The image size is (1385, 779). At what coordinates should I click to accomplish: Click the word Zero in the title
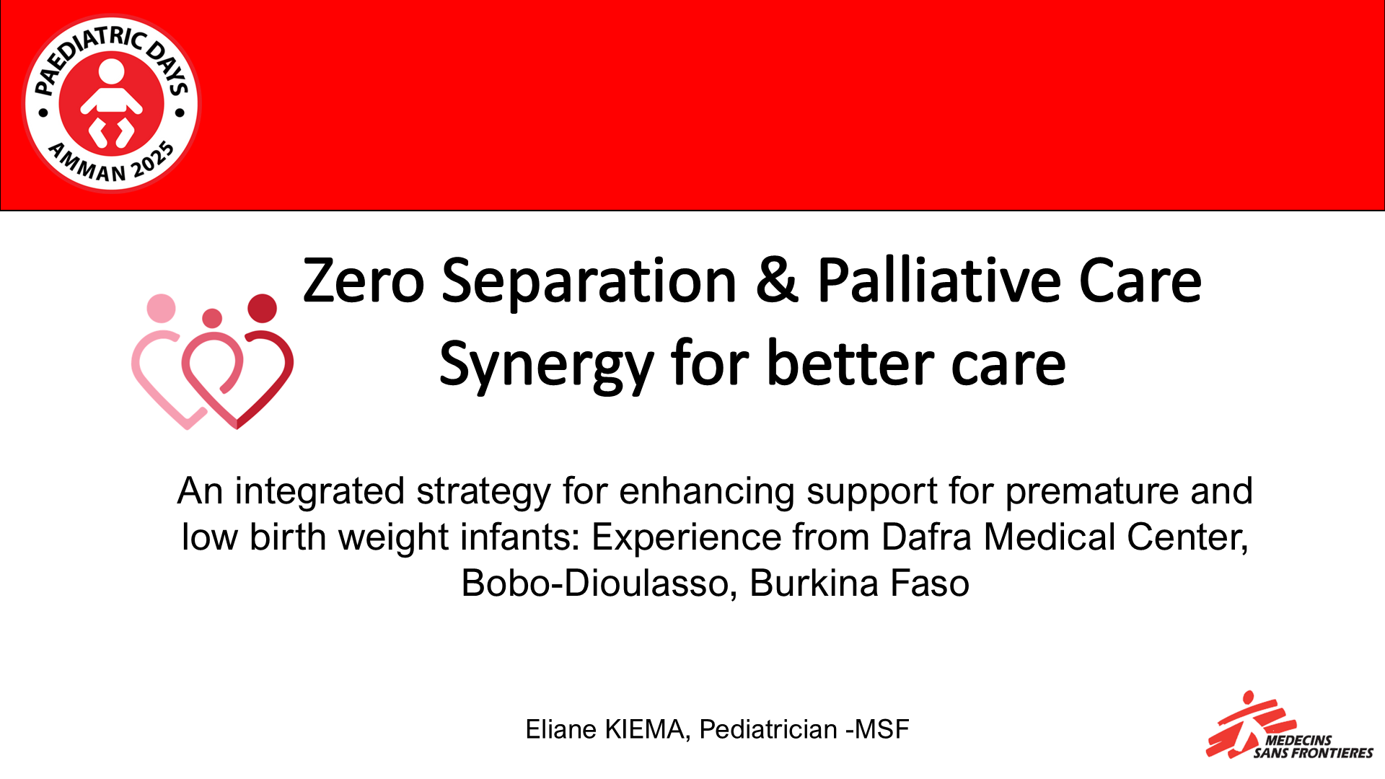click(x=364, y=281)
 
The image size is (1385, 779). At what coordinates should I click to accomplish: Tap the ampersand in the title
click(x=777, y=281)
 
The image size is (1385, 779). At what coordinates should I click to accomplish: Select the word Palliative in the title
click(x=938, y=281)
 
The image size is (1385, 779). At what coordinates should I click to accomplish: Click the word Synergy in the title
click(x=545, y=365)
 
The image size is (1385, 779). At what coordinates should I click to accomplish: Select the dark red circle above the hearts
click(x=262, y=308)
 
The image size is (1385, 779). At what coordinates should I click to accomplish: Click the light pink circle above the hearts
click(x=161, y=308)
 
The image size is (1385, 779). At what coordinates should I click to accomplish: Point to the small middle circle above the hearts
click(x=212, y=317)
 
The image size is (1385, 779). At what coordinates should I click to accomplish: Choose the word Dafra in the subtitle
click(x=927, y=537)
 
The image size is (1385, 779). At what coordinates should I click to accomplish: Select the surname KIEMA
click(x=643, y=730)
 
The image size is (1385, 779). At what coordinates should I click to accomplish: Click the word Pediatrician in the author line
click(x=768, y=730)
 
